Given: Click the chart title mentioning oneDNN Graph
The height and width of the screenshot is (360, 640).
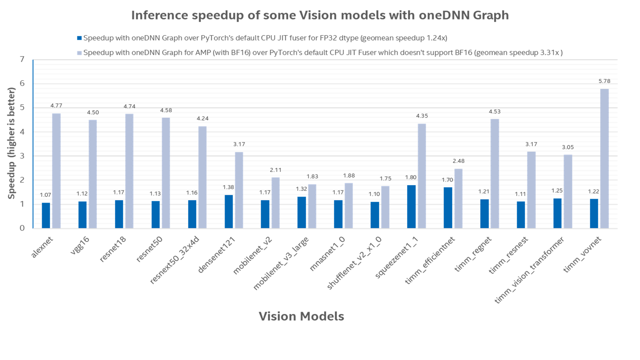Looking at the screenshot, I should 320,15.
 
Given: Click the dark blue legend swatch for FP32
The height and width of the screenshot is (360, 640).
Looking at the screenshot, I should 79,38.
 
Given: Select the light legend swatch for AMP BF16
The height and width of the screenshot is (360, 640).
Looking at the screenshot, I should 79,53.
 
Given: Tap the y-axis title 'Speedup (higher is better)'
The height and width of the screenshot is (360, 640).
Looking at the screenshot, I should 12,143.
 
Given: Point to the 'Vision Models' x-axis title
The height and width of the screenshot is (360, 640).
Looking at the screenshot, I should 301,316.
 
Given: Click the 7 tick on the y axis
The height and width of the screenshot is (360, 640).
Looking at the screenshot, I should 22,60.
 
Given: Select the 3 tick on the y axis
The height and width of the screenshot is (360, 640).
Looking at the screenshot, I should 22,156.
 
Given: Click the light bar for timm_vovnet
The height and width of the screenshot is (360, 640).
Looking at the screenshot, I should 605,158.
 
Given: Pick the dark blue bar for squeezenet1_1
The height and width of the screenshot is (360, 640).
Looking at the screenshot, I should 411,206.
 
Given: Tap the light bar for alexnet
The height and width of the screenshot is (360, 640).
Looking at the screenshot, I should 56,171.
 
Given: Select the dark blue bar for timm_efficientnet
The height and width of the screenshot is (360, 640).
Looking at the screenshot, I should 448,207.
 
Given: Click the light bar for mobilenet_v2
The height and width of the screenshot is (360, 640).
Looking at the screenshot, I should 275,203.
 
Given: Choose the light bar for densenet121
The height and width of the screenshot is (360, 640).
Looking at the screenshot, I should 239,190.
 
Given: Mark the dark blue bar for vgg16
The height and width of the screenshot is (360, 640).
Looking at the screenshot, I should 83,215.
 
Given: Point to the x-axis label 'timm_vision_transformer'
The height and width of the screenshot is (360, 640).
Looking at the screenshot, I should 529,270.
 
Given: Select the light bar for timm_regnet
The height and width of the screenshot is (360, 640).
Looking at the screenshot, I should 495,174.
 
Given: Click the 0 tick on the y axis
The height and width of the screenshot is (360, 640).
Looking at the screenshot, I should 22,228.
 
